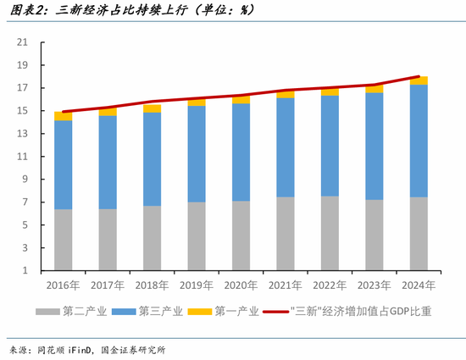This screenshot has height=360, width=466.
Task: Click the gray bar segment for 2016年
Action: [x=64, y=240]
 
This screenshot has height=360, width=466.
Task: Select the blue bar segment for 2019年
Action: [x=197, y=153]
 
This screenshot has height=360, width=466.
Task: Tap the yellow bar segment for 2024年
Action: [x=419, y=80]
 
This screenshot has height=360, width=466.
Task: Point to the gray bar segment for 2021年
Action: [x=286, y=234]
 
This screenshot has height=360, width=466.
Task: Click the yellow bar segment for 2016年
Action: [x=64, y=116]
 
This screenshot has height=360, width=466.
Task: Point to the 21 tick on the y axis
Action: [x=23, y=42]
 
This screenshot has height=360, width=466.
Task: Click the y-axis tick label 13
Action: [x=23, y=134]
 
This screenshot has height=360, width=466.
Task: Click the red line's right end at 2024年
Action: [x=419, y=77]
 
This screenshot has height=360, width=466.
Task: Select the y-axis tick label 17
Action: [x=23, y=88]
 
